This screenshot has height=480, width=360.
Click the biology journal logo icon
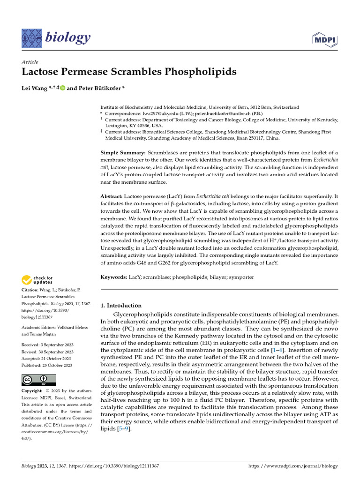click(31, 37)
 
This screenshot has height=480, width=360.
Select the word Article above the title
click(30, 62)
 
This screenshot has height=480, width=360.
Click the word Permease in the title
click(90, 72)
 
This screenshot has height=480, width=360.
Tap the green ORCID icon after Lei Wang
click(62, 88)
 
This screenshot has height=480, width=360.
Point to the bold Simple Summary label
click(123, 153)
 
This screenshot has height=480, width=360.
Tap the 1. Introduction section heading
click(121, 305)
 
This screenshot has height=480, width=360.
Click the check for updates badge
click(37, 280)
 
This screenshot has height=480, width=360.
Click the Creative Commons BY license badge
click(38, 380)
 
